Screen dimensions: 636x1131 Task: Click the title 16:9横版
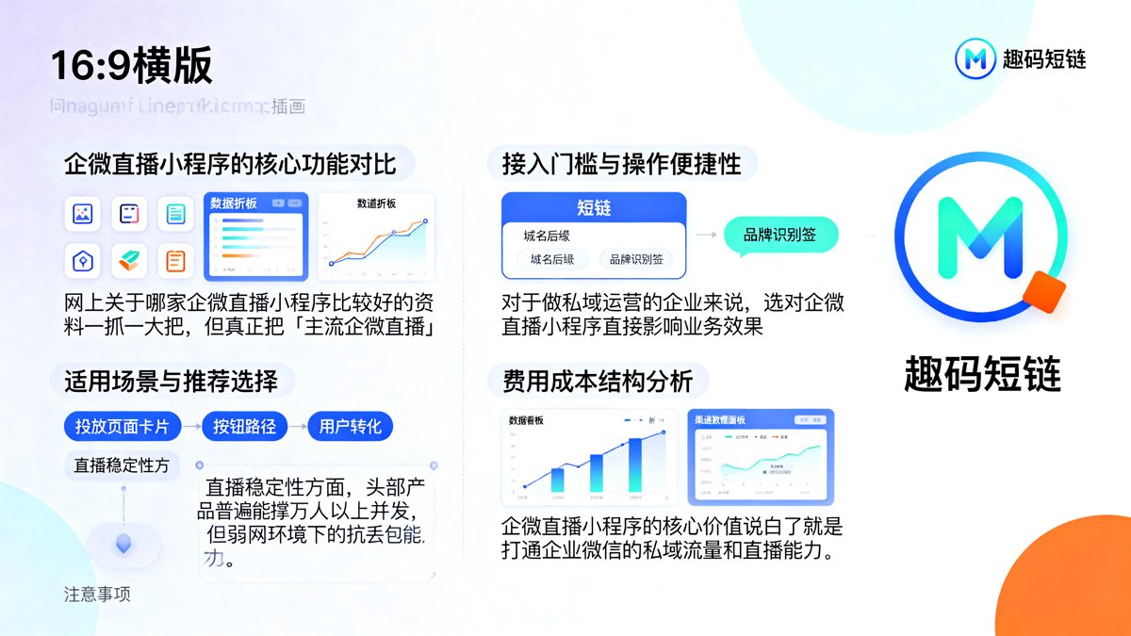pos(132,66)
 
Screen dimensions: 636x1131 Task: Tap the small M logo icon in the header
pos(975,59)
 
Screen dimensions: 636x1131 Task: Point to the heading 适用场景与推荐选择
pos(171,381)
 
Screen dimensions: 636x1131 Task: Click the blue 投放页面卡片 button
pos(122,427)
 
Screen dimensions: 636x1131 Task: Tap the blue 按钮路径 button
pos(244,427)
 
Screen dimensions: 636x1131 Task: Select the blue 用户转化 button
pos(350,427)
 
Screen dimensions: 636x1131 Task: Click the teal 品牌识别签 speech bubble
pos(780,236)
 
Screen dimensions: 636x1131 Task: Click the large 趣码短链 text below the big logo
pos(982,374)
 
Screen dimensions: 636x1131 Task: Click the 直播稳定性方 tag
pos(122,465)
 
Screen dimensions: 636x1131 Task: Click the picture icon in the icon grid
pos(83,214)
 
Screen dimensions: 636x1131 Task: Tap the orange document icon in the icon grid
pos(175,260)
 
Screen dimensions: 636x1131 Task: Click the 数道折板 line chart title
pos(376,204)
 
